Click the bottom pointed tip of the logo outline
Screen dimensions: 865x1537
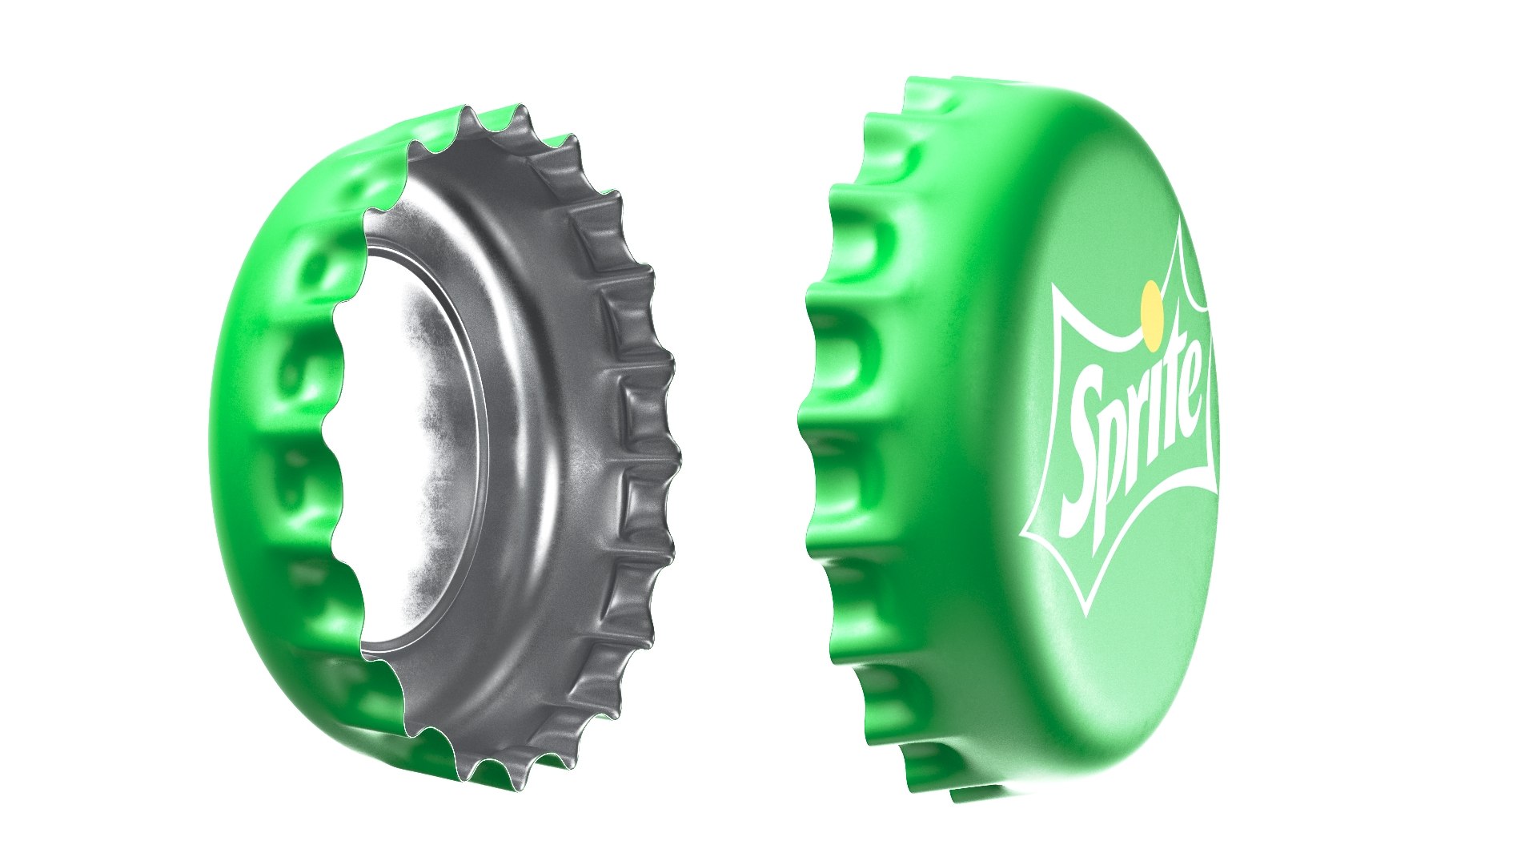tap(1090, 612)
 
